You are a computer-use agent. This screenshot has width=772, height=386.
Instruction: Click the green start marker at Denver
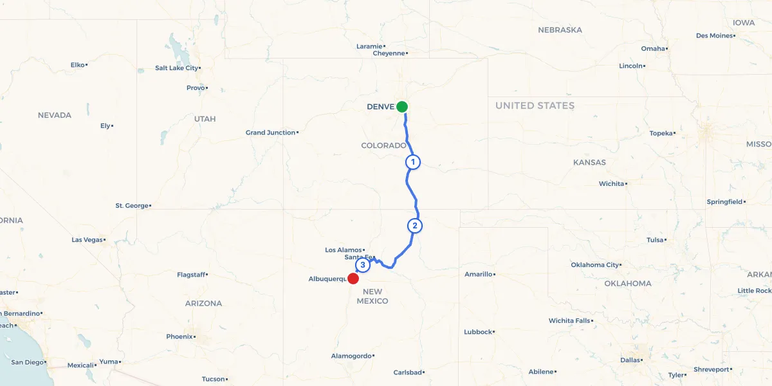tap(402, 107)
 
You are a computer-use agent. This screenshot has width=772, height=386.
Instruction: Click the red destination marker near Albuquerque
tap(353, 279)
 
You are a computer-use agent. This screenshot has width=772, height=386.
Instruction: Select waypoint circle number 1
tap(413, 162)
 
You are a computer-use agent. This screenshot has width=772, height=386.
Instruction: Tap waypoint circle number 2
tap(415, 226)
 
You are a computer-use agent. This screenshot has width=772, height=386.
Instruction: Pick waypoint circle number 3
tap(363, 265)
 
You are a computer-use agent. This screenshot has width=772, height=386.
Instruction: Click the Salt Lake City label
tap(177, 68)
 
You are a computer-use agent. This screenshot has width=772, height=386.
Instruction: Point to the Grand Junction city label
tap(270, 133)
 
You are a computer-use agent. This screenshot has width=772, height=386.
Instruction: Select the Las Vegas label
tap(87, 240)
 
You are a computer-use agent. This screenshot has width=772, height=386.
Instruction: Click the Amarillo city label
tap(478, 274)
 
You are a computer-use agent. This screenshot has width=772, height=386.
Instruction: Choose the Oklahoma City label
tap(595, 265)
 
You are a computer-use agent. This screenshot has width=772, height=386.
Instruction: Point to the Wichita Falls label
tap(569, 320)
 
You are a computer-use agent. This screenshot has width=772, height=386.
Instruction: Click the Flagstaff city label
tap(191, 275)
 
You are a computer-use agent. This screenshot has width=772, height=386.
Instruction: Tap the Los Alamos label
tap(344, 250)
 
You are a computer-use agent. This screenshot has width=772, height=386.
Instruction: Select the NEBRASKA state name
tap(560, 30)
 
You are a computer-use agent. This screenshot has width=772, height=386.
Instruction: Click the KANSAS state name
tap(589, 163)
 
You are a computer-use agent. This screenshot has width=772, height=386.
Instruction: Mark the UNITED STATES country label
tap(535, 106)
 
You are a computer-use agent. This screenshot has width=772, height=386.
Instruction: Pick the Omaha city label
tap(653, 49)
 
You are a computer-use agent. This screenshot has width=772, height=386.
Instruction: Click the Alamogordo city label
tap(351, 356)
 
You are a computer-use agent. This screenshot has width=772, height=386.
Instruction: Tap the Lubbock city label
tap(477, 332)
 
